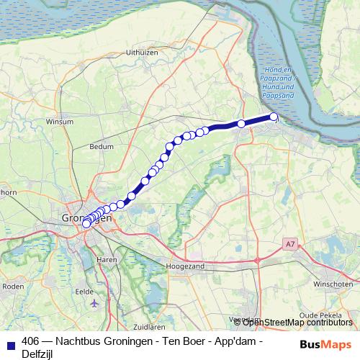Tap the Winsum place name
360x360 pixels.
[x=60, y=122]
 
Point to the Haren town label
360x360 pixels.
[x=107, y=259]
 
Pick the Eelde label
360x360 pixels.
[x=85, y=292]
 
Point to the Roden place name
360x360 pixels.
[x=14, y=286]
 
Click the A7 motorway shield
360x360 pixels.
[x=289, y=245]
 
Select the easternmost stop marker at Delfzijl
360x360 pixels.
[x=274, y=117]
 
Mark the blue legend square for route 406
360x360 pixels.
[x=11, y=342]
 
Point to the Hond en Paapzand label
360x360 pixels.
[x=276, y=81]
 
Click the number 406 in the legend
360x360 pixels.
[x=32, y=341]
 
